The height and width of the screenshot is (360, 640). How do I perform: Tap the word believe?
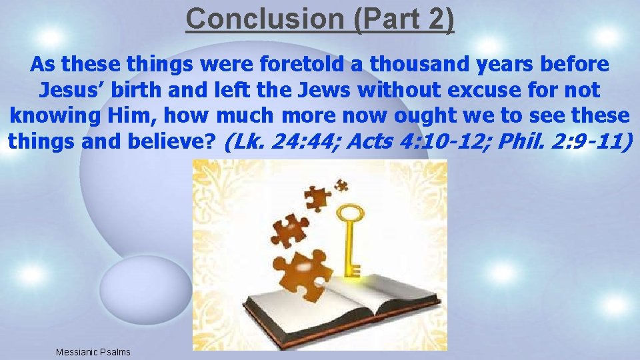click(175, 141)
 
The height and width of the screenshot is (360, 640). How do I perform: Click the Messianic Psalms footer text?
click(93, 351)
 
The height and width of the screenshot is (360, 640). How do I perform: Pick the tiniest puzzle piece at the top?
click(342, 185)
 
